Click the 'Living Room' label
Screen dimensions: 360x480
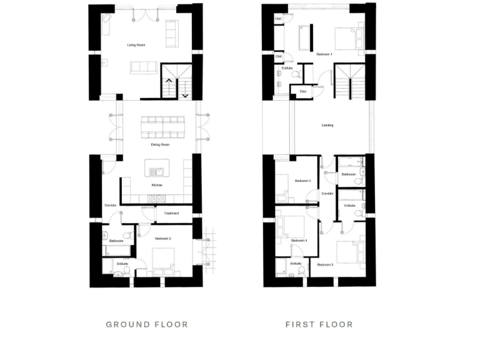tap(136, 45)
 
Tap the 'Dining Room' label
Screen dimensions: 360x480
tap(161, 144)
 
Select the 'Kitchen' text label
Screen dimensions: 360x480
tap(157, 186)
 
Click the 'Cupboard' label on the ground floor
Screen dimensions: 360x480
tap(172, 213)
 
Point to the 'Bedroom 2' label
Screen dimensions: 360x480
tap(164, 238)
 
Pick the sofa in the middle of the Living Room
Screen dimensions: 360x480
tap(143, 67)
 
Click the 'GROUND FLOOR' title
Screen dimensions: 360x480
tap(147, 324)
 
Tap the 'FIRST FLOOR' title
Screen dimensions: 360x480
tap(319, 324)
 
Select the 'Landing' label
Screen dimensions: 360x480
tap(327, 125)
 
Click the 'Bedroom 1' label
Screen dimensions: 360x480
tap(324, 54)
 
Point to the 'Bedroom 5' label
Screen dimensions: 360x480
tap(303, 181)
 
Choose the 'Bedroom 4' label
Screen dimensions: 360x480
tap(299, 240)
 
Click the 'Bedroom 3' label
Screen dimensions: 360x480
tap(325, 265)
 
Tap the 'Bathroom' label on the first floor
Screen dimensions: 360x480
tap(349, 174)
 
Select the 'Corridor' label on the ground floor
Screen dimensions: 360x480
tap(110, 205)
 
